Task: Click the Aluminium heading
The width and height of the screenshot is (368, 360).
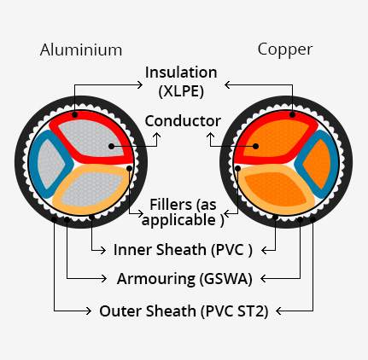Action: click(81, 49)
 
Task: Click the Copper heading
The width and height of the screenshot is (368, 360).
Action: click(285, 50)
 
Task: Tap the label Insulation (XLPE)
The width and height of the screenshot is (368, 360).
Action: click(181, 82)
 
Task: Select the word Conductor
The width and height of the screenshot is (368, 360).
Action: click(183, 121)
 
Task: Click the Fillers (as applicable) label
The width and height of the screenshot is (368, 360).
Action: click(183, 212)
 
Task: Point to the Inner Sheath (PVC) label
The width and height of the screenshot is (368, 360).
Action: click(183, 250)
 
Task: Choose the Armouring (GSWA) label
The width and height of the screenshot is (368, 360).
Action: click(184, 279)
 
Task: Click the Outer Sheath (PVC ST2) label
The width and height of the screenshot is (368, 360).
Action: click(184, 311)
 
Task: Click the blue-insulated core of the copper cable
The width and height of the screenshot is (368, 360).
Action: click(317, 165)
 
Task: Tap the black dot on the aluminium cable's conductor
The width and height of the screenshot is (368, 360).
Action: click(112, 146)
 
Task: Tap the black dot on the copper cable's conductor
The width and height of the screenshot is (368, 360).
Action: click(255, 146)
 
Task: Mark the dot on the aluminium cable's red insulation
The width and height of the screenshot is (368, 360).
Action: click(74, 114)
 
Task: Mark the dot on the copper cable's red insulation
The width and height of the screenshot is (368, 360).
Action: click(292, 114)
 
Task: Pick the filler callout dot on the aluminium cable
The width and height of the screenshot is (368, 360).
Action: click(129, 169)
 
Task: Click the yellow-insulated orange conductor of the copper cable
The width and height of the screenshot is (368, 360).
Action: click(276, 190)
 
